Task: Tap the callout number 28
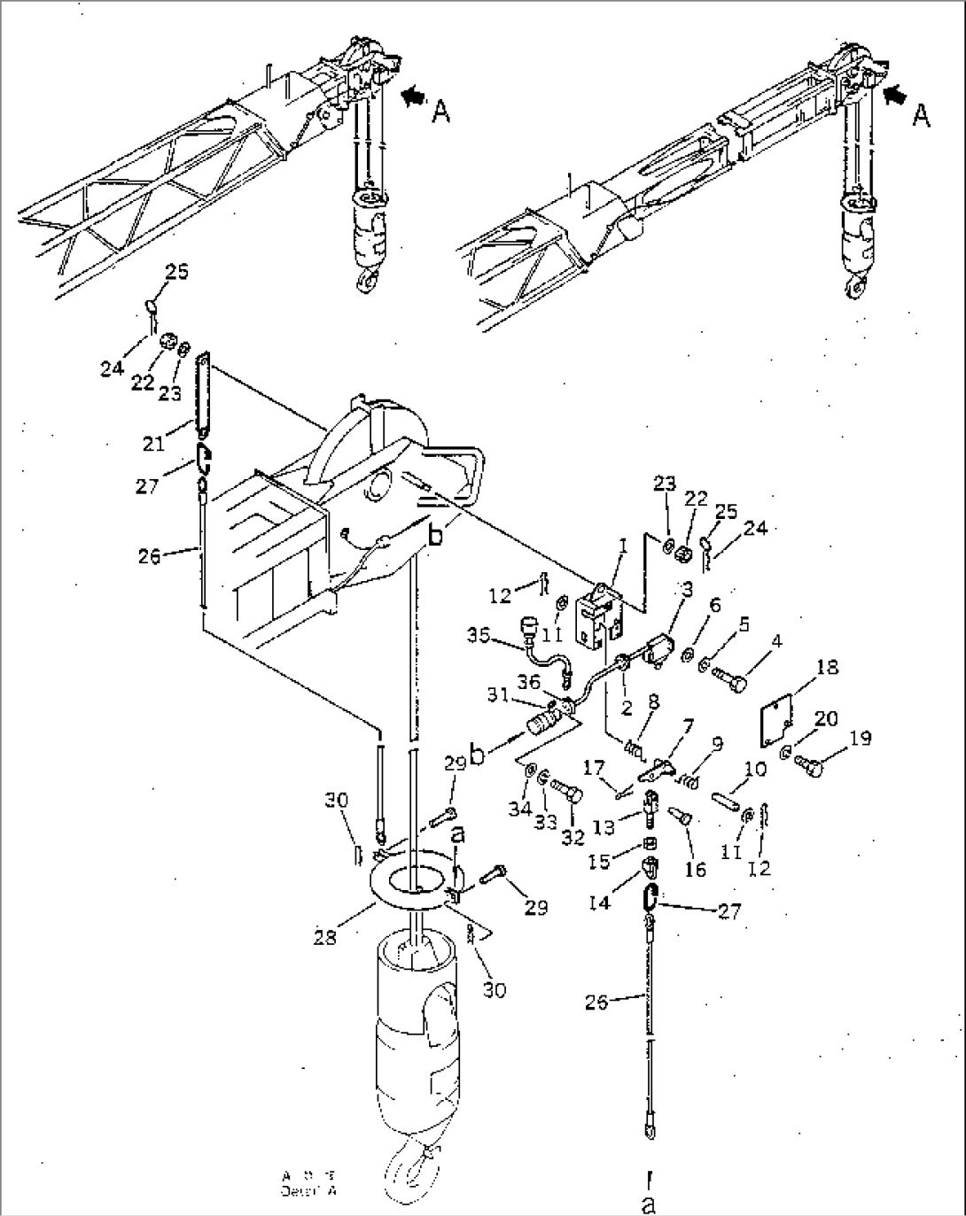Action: tap(325, 937)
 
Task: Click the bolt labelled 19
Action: tap(807, 764)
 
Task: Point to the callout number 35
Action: tap(479, 634)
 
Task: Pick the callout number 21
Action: tap(155, 442)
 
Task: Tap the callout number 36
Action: tap(530, 681)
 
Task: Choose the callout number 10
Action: tap(755, 771)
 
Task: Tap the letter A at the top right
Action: tap(922, 115)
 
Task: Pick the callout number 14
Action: tap(600, 903)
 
